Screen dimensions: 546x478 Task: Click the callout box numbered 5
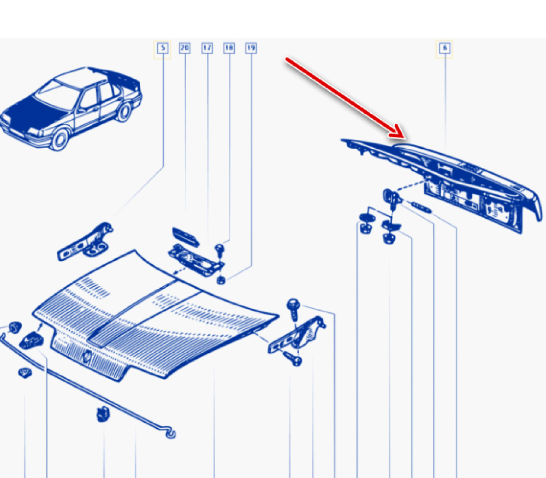tap(163, 48)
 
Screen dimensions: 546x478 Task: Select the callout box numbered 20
tap(185, 48)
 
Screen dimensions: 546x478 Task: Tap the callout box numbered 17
tap(207, 48)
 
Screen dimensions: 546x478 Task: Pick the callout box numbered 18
tap(229, 48)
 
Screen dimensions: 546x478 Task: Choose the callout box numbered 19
tap(251, 48)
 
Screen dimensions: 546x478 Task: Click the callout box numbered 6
tap(444, 48)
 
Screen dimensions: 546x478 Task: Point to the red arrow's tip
tap(405, 138)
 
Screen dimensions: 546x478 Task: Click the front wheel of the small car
tap(60, 139)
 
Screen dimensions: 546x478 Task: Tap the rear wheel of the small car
tap(123, 112)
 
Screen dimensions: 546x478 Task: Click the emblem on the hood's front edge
tap(87, 357)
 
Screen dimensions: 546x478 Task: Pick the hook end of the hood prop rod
tap(170, 433)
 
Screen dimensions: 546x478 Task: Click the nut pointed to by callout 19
tap(221, 280)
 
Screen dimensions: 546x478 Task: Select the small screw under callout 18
tap(219, 250)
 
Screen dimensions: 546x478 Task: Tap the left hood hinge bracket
tap(85, 241)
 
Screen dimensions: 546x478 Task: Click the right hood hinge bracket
tap(297, 335)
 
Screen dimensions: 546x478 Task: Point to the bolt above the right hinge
tap(294, 309)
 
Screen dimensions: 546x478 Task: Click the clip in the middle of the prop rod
tap(103, 414)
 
